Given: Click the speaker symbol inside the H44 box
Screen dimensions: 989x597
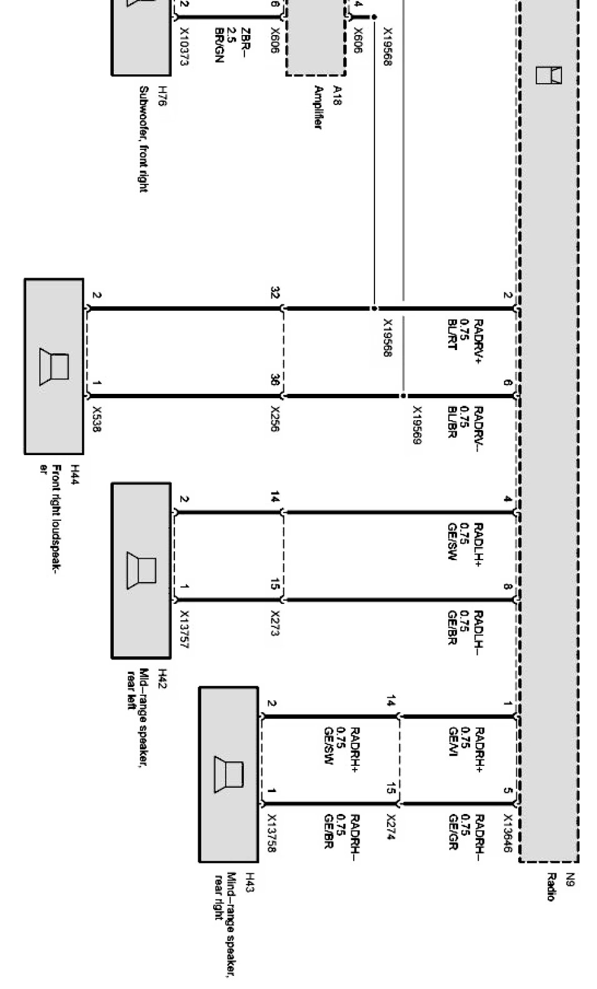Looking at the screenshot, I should point(54,367).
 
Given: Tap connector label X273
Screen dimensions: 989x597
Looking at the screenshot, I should point(275,623).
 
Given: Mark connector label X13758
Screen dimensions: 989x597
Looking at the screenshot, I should point(272,833).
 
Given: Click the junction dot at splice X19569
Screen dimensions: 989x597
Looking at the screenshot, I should point(403,396).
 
